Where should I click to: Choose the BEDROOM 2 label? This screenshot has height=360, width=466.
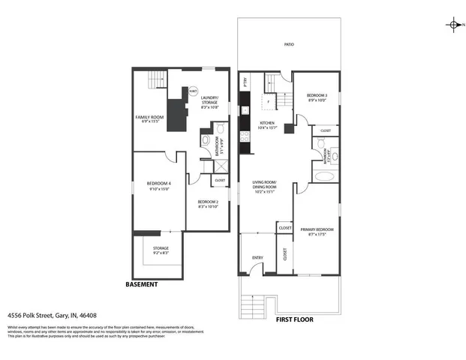208,203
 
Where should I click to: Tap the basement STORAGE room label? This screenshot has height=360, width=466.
161,250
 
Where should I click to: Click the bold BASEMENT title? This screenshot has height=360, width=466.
141,284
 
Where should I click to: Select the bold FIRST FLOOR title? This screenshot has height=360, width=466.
294,319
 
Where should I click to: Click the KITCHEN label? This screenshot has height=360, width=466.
267,124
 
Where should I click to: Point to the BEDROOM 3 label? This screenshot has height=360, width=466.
317,97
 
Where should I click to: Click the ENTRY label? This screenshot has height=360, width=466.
257,258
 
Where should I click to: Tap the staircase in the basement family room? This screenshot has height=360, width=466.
156,79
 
